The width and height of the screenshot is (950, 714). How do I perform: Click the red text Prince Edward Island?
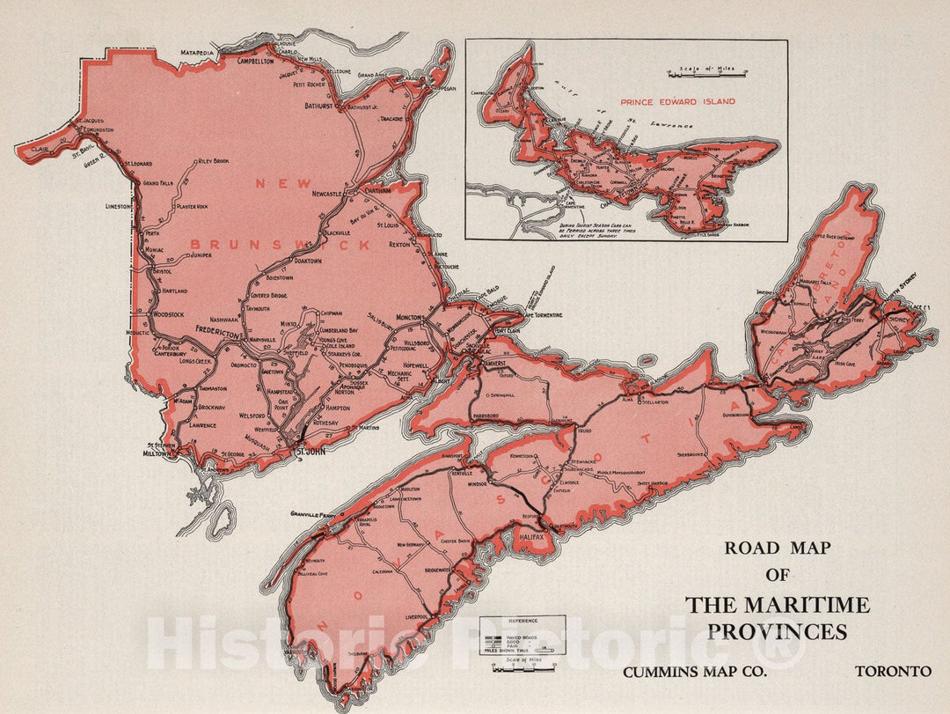click(x=677, y=102)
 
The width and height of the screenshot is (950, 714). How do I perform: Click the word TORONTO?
click(x=893, y=671)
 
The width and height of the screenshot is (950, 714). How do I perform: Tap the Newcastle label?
click(x=332, y=194)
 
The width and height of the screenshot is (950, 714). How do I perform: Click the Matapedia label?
click(x=205, y=53)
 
